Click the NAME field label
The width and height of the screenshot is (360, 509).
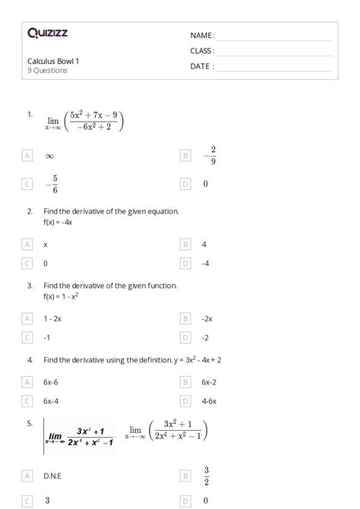point(202,36)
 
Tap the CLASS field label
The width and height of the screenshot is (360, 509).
point(202,51)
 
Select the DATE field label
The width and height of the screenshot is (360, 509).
point(202,66)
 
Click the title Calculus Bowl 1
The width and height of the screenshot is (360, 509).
point(53,61)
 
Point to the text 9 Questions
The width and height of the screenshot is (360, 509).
point(47,71)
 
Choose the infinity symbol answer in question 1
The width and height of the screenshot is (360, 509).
point(49,156)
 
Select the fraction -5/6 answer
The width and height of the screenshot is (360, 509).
point(51,184)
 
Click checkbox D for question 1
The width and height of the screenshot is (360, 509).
point(185,184)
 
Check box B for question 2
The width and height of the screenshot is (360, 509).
point(185,245)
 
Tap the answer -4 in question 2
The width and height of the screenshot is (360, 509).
point(205,263)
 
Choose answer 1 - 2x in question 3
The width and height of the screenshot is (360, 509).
point(53,319)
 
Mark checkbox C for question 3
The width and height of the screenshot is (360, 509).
point(27,337)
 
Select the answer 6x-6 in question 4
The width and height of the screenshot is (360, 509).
point(52,381)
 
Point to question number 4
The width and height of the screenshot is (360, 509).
point(30,359)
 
